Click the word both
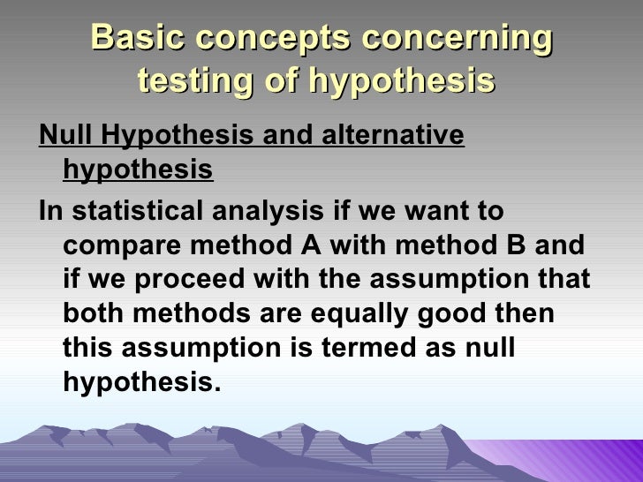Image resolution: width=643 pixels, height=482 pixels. (x=94, y=314)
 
